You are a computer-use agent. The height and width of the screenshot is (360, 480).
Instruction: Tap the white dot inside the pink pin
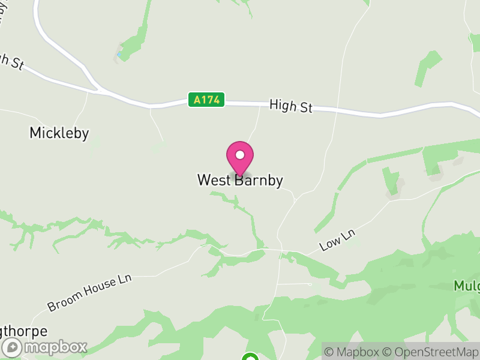click(240, 155)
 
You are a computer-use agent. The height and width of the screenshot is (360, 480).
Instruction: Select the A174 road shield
click(206, 100)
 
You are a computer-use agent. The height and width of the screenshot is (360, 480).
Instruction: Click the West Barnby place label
click(240, 180)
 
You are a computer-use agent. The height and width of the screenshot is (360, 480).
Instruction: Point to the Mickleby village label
click(59, 133)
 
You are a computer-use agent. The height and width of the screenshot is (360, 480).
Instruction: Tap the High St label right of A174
click(291, 106)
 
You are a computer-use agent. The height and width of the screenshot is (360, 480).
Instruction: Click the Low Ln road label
click(338, 240)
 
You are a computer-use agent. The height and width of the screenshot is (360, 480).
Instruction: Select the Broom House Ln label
click(89, 293)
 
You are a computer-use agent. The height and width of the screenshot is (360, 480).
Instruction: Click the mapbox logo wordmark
click(55, 347)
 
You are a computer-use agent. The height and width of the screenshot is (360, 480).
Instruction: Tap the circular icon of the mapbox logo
click(12, 347)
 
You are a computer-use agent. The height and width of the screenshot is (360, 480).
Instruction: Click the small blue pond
click(119, 55)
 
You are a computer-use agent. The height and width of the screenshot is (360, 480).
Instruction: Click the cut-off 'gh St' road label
click(10, 61)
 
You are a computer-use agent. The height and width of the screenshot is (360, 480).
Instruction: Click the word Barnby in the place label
click(259, 180)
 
